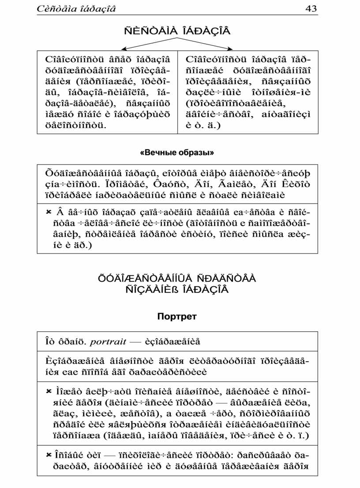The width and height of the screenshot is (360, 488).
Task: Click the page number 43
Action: point(311,8)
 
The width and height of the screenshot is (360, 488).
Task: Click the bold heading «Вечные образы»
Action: point(177,153)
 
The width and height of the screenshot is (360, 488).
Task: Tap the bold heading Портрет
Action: point(177,317)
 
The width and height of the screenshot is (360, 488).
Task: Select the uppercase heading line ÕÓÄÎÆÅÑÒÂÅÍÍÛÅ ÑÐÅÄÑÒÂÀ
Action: point(177,279)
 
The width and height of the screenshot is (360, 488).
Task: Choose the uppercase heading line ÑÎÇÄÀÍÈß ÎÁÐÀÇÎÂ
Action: point(177,290)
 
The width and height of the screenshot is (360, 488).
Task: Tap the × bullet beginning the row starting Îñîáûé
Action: point(49,454)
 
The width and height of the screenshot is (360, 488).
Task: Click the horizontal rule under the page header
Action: point(177,15)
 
